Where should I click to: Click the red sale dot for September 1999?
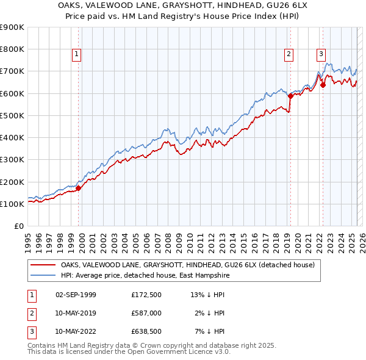tap(78, 188)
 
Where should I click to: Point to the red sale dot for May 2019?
tap(290, 96)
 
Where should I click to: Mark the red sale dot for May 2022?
tap(323, 85)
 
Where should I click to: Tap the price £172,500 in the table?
tap(146, 295)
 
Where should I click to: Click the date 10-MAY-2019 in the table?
tap(76, 313)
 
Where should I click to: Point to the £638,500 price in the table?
tap(146, 332)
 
